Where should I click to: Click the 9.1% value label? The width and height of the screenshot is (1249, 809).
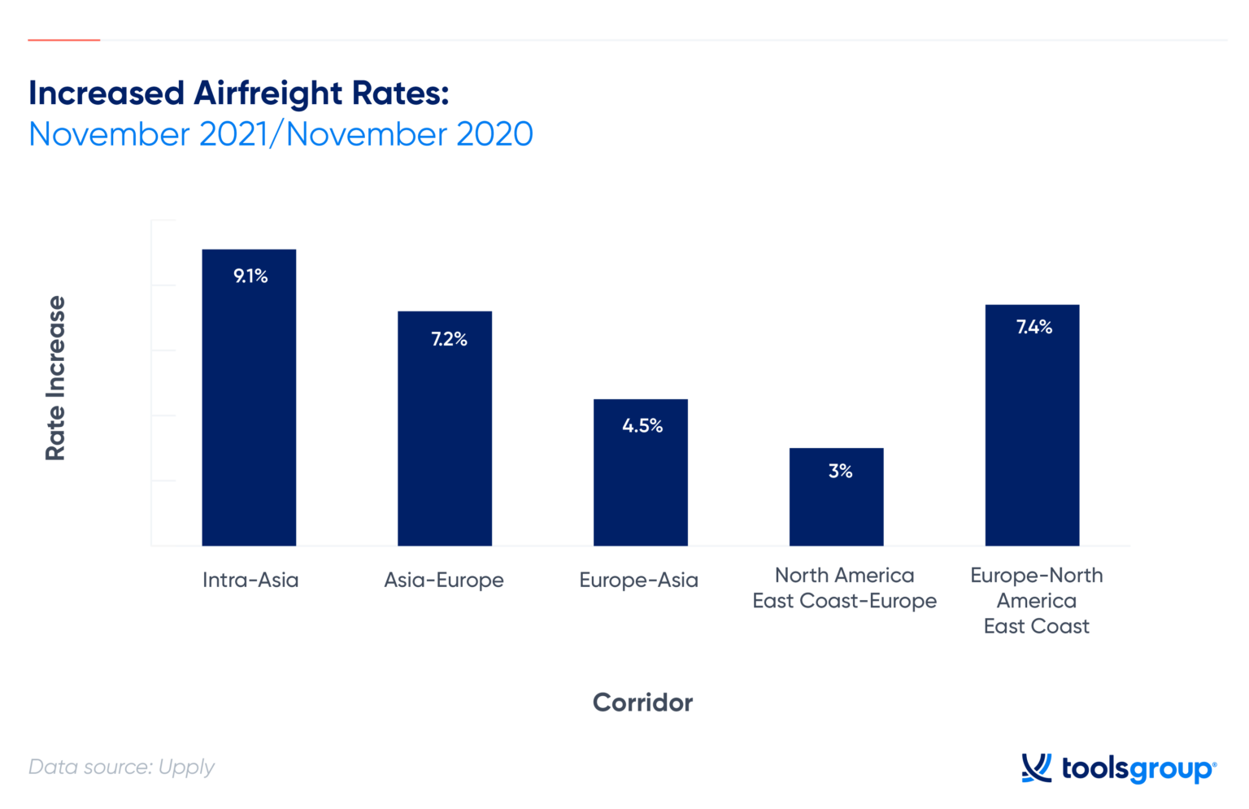tap(250, 276)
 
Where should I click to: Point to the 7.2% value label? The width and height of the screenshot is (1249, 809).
tap(449, 339)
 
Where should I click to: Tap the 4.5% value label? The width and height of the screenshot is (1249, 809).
tap(642, 426)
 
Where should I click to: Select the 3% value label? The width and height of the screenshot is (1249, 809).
tap(840, 472)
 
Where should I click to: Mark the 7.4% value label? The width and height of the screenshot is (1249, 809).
tap(1034, 327)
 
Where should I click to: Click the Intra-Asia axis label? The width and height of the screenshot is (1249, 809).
tap(250, 580)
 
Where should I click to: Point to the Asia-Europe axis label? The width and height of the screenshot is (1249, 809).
tap(444, 580)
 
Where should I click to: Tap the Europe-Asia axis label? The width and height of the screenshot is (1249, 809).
tap(638, 580)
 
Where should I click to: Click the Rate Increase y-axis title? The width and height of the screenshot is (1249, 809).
tap(55, 378)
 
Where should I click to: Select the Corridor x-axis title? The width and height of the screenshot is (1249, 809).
tap(642, 702)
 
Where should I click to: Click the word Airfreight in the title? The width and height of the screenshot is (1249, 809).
tap(268, 94)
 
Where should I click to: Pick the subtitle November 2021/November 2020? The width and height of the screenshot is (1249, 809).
tap(281, 134)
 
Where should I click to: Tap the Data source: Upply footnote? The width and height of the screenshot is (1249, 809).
tap(121, 767)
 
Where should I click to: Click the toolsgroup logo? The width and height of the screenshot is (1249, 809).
tap(1119, 768)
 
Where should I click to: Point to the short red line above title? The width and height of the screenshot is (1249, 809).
tap(63, 40)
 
